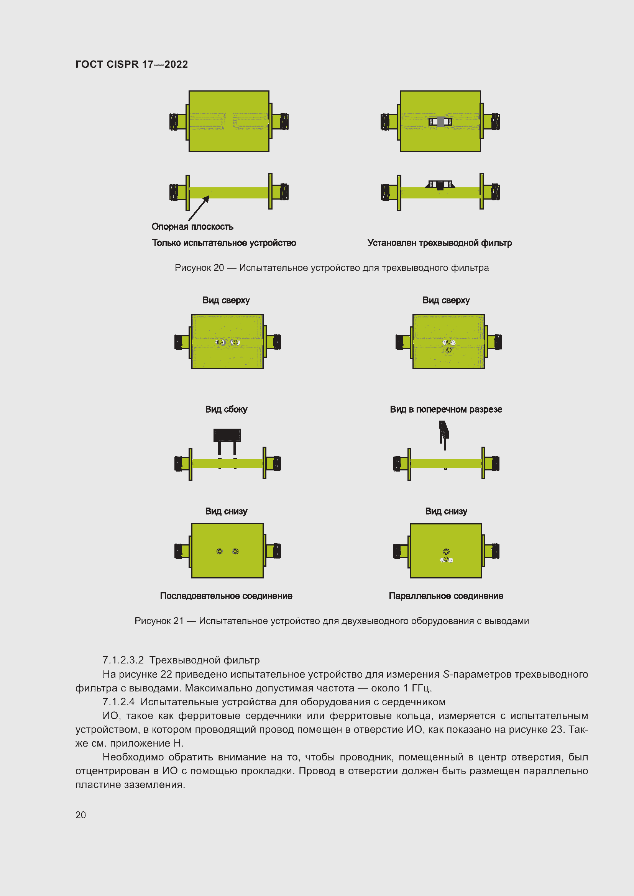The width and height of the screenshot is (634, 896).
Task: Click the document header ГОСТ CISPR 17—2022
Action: (x=131, y=64)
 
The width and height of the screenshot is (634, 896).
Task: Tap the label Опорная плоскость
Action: (x=192, y=227)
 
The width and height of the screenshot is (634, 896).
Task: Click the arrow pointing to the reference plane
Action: (x=199, y=208)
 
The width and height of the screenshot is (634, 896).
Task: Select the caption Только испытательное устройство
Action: (x=224, y=243)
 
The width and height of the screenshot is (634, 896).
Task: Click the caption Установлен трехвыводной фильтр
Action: (x=440, y=243)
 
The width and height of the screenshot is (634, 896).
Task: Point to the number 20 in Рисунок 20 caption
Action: (x=218, y=268)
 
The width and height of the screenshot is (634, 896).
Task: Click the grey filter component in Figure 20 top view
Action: (x=440, y=122)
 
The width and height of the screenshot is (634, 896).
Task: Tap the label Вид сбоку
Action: (x=227, y=410)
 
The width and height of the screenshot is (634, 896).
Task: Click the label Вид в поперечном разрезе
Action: (x=446, y=410)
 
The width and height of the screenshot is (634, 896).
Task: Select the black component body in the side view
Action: (x=227, y=435)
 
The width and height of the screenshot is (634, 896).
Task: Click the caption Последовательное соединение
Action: (x=226, y=596)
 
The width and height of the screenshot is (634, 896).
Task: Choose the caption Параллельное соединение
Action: (x=446, y=596)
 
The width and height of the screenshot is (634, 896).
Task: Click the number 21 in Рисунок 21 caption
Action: (x=178, y=621)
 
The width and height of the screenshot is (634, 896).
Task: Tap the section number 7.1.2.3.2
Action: (x=123, y=660)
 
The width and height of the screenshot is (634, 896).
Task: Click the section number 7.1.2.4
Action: (x=118, y=702)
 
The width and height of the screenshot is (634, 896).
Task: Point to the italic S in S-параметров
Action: (x=447, y=674)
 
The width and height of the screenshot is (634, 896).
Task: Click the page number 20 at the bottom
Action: (x=81, y=815)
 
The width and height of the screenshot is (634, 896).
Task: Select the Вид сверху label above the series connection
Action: (x=226, y=300)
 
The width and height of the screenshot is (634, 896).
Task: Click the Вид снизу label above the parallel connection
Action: (x=446, y=511)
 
